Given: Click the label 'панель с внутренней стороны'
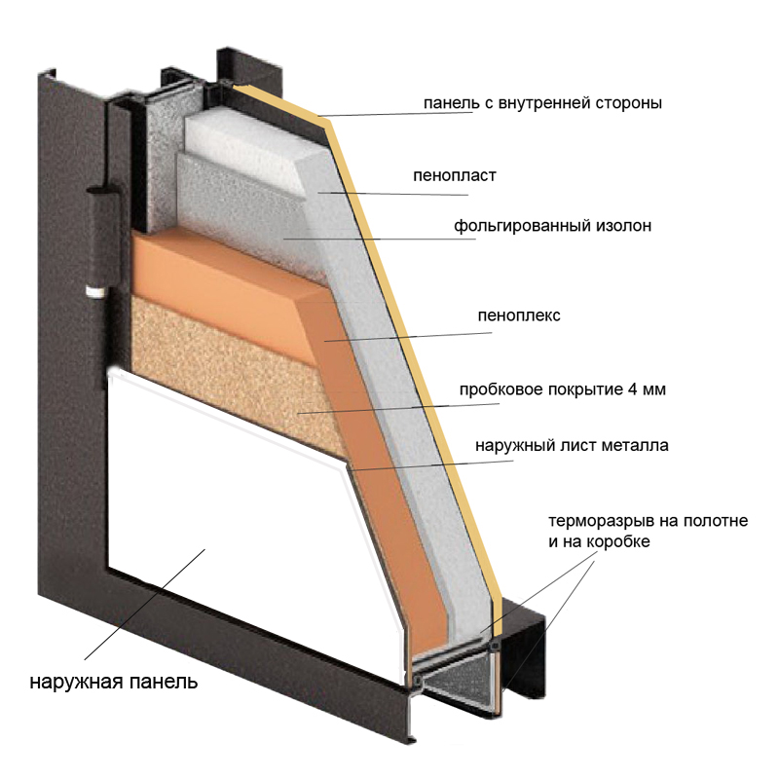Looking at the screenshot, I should tap(542, 102).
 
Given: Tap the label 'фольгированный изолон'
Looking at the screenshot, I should tap(551, 227).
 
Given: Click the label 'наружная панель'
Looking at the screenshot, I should tap(113, 681).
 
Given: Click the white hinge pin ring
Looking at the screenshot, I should tap(93, 290).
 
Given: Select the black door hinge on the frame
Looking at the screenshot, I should tap(96, 234).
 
